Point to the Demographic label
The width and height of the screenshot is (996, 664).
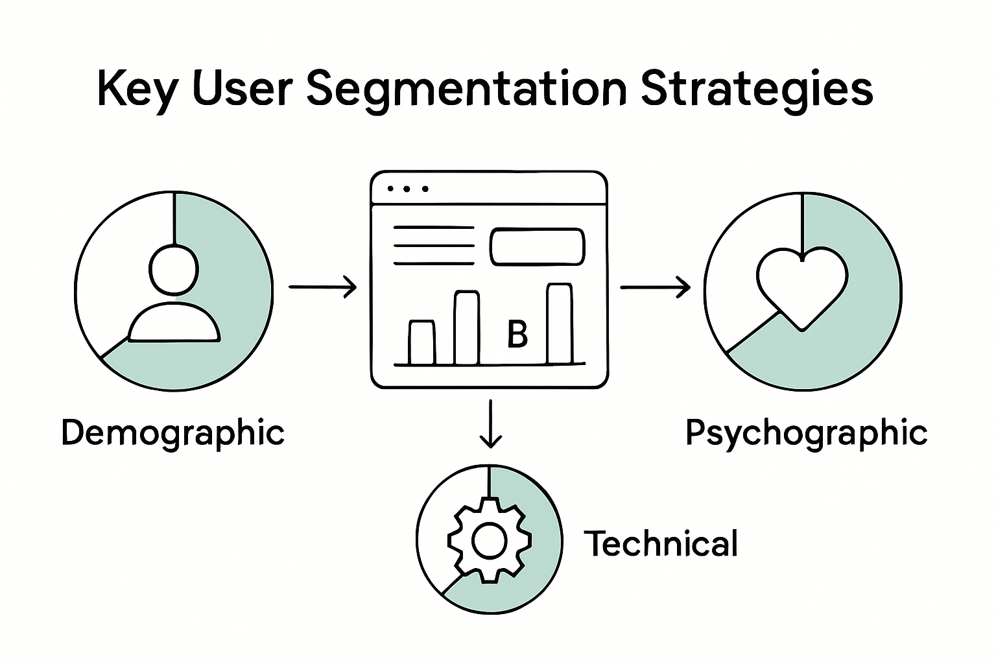(173, 433)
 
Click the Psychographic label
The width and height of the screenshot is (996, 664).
(806, 433)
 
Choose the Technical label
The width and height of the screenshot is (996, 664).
(661, 543)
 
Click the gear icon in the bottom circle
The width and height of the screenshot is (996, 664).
(489, 540)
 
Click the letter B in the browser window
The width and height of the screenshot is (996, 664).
(517, 335)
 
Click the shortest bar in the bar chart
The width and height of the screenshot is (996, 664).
(422, 342)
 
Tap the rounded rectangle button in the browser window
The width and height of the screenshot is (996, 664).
(537, 247)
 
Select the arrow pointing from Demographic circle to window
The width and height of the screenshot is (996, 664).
(322, 286)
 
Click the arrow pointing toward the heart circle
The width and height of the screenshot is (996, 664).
(655, 286)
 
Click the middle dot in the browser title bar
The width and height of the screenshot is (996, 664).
(408, 189)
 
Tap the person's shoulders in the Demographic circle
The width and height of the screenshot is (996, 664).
(174, 324)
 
